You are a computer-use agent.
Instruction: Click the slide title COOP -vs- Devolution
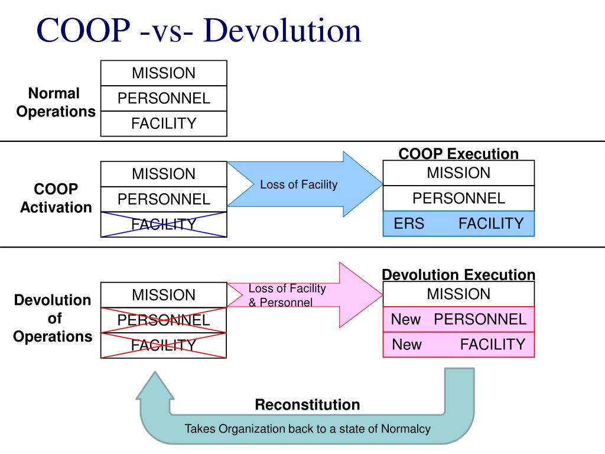199,31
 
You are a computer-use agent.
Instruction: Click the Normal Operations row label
56,102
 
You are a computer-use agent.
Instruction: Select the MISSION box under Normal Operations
164,73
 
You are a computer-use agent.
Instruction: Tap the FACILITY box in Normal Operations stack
164,124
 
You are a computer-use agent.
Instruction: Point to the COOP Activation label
56,198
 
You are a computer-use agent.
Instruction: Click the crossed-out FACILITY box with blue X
164,225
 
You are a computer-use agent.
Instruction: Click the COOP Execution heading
458,154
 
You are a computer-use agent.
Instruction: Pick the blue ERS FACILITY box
458,223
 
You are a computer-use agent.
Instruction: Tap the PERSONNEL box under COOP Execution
458,198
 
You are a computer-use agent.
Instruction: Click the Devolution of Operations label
53,318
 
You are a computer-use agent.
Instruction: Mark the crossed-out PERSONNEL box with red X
164,320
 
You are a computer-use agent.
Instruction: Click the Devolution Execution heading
458,275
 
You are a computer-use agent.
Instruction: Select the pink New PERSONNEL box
458,320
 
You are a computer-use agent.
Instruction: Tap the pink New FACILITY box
458,345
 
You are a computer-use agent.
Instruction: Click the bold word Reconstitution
307,405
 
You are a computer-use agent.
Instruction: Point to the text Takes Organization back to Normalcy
307,429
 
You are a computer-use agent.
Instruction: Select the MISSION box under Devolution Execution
458,294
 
